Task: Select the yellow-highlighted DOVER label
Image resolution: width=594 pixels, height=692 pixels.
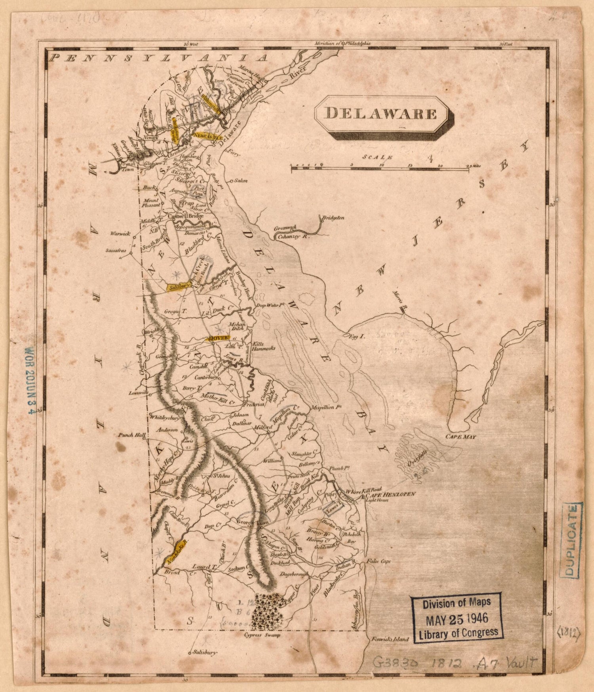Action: point(218,338)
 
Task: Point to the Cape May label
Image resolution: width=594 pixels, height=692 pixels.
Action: point(461,437)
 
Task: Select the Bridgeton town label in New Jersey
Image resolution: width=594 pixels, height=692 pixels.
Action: point(333,218)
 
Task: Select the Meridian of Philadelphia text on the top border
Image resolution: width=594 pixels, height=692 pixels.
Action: point(343,44)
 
